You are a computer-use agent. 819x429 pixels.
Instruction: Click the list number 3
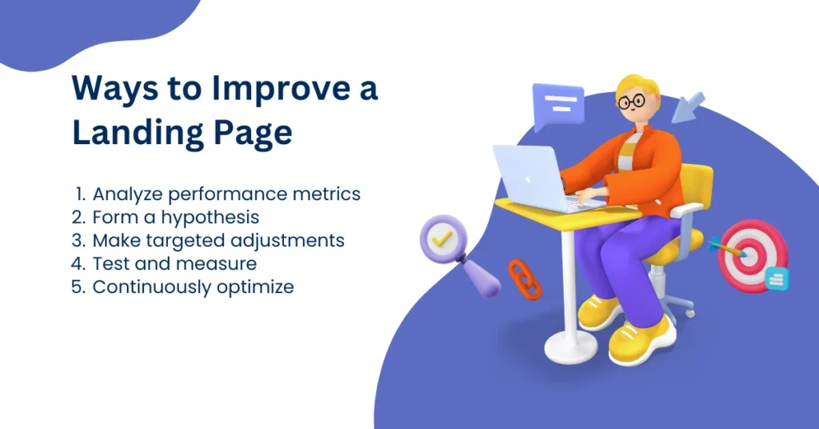coord(78,240)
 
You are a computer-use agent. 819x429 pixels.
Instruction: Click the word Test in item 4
coord(110,263)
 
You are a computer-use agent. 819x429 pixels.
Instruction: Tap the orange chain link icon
coord(525,279)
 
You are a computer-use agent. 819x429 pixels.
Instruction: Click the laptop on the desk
coord(529,178)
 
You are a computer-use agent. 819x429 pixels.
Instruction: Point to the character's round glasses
coord(632,102)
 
